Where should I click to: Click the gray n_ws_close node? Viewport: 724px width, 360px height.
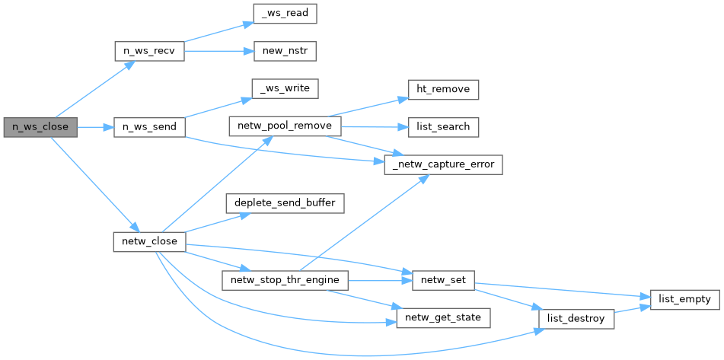point(40,127)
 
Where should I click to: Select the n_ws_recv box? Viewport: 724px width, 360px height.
point(148,52)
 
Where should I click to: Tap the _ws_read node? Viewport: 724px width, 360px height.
point(284,14)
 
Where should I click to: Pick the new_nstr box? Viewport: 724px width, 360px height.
point(284,52)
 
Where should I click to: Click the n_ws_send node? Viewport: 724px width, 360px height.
point(148,127)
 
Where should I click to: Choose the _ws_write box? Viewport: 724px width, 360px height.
point(284,89)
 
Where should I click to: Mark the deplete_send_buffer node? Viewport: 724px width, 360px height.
point(285,203)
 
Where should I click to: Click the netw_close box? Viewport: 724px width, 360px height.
point(148,242)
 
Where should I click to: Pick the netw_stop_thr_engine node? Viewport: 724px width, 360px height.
point(285,280)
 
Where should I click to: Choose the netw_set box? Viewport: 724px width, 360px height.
point(443,280)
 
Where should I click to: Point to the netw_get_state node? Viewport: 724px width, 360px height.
point(443,317)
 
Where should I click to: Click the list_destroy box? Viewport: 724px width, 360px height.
point(576,318)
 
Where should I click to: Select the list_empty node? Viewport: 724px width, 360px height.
point(683,299)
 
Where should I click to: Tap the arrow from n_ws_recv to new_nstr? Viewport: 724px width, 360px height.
point(217,52)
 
